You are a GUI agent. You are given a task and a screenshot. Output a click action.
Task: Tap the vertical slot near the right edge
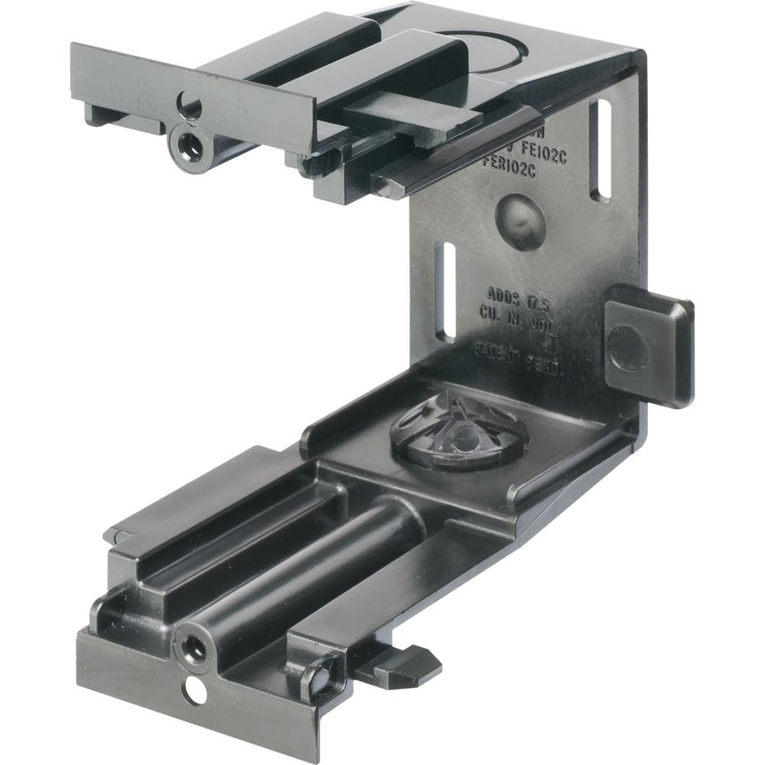[x=601, y=150]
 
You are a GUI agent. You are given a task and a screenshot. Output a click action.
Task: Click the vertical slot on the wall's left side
[x=444, y=291]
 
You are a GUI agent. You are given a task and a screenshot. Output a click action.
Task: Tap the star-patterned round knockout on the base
[x=459, y=433]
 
